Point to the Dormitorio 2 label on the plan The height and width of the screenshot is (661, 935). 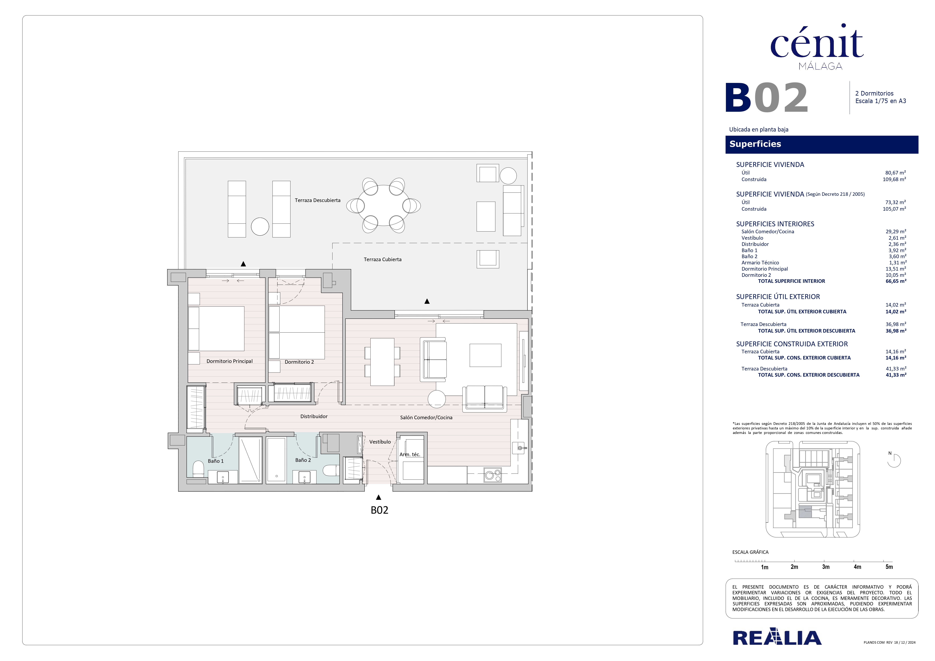[x=299, y=362]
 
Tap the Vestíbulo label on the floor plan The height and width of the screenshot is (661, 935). [x=380, y=442]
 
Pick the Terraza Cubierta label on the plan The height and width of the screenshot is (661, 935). [x=382, y=259]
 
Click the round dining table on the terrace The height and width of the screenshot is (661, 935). [x=384, y=206]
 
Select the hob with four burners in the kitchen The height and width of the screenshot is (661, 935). [x=492, y=475]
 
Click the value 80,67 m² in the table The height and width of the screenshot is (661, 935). [x=895, y=173]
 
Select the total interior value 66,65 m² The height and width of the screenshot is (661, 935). [x=896, y=281]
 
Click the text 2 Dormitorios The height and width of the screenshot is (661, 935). [x=874, y=93]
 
